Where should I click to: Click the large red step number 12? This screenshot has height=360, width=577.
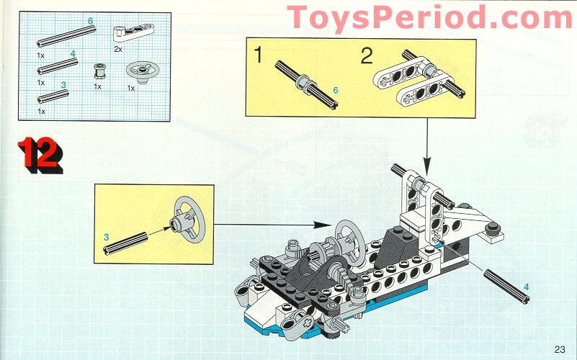[40, 153]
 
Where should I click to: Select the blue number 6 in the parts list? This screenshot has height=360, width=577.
[90, 22]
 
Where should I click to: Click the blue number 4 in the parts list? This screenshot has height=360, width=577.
[73, 53]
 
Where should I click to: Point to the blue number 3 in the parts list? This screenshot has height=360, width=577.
[63, 85]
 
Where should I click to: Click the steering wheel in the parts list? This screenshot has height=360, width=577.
[140, 71]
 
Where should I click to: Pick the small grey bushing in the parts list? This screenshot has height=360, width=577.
[99, 71]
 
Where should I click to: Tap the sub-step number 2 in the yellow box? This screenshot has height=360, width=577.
[367, 54]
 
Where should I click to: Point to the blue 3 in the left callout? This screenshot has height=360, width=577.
[106, 236]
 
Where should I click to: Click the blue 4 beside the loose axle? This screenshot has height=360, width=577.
[526, 287]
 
